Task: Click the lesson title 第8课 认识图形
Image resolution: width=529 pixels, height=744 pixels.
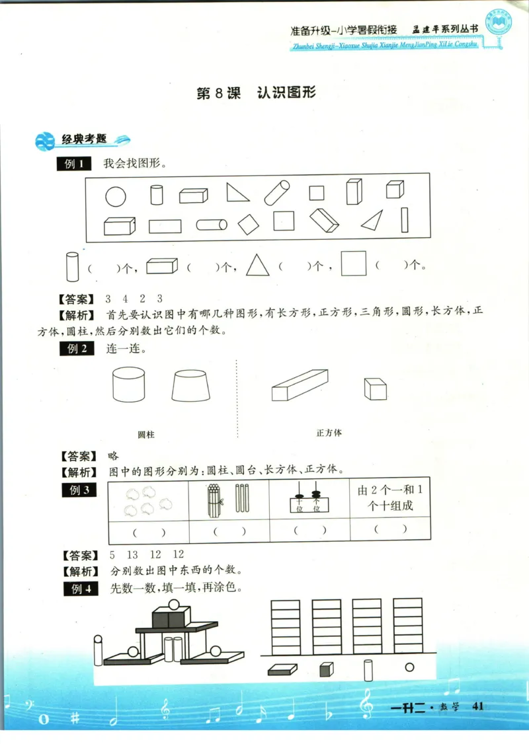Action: pos(257,93)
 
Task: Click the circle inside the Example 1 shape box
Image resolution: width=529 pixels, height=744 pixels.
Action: pos(115,196)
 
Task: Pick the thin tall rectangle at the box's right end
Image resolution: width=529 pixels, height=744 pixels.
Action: pos(404,220)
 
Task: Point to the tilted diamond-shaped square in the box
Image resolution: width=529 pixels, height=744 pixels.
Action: pos(248,224)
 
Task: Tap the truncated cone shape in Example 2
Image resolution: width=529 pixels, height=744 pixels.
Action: pos(191,385)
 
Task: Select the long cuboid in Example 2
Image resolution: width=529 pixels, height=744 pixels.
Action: pos(299,385)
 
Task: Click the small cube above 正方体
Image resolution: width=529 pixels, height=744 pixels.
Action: pos(375,389)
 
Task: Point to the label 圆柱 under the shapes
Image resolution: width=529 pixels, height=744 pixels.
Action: pos(146,435)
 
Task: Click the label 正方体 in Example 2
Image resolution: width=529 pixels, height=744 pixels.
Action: pos(329,433)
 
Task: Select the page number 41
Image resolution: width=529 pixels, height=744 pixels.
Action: pos(479,706)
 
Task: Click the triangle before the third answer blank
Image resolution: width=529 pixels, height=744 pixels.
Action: pos(259,266)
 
